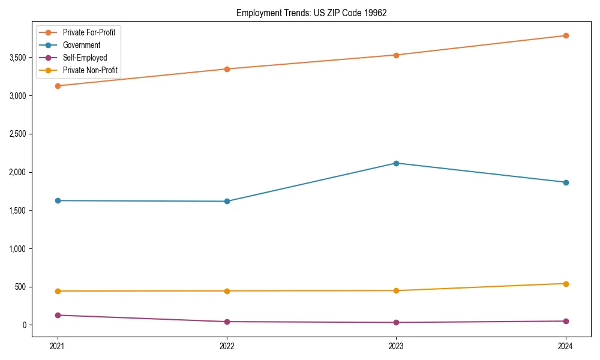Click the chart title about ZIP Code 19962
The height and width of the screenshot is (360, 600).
310,13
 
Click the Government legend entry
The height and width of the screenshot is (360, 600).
81,45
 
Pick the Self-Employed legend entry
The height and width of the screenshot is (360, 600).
85,58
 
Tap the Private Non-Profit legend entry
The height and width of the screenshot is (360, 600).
91,71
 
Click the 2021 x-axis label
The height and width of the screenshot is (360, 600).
58,346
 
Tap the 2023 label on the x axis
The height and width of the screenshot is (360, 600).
396,346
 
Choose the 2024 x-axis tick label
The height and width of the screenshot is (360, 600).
565,346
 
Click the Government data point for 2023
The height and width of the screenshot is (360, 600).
396,163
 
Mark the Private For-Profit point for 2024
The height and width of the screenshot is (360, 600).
565,35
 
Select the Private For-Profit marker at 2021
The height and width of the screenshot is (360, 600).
58,86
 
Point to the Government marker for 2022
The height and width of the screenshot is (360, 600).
227,201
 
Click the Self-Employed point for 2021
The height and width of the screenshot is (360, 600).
58,315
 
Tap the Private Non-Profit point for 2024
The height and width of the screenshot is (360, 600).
565,284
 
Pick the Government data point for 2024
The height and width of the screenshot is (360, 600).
565,182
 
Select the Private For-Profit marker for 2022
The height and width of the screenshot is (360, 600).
227,69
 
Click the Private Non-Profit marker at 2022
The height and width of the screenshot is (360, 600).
227,291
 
